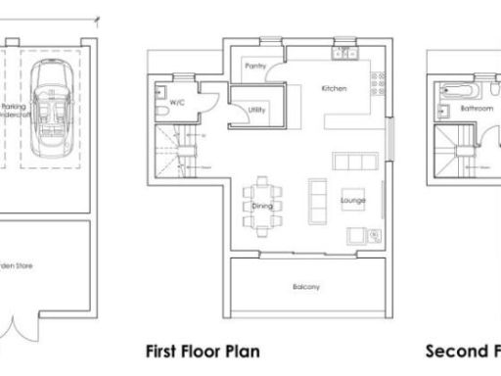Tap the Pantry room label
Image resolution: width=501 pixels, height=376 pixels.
(256, 68)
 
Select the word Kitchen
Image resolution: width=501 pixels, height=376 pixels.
(335, 89)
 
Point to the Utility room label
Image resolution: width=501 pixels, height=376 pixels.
(257, 110)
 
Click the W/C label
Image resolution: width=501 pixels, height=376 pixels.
(177, 103)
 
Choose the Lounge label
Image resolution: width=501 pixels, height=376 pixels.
(352, 200)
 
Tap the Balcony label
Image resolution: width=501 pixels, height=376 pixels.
(306, 287)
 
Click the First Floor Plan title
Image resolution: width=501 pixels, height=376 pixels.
(203, 351)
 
